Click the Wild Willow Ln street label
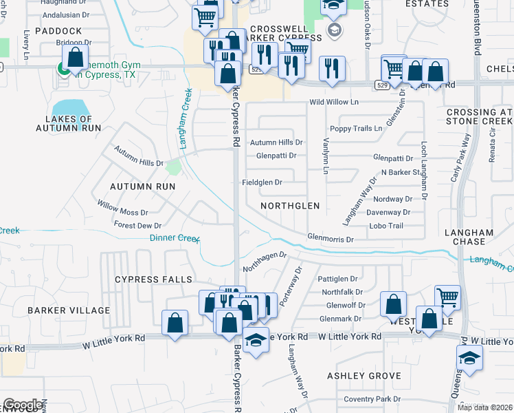[x=334, y=102]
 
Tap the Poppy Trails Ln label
[x=356, y=129]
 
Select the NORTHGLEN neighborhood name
[x=291, y=206]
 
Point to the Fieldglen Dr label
[x=262, y=182]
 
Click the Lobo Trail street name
[x=385, y=226]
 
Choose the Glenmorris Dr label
[x=331, y=240]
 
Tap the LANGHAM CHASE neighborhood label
[x=469, y=237]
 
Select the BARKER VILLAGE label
[x=69, y=310]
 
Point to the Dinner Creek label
[x=175, y=238]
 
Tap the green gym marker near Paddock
[x=63, y=68]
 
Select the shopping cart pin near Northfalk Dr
[x=447, y=297]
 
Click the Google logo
[x=23, y=405]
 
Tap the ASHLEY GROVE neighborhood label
[x=364, y=376]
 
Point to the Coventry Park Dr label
[x=372, y=399]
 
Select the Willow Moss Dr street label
[x=122, y=209]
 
